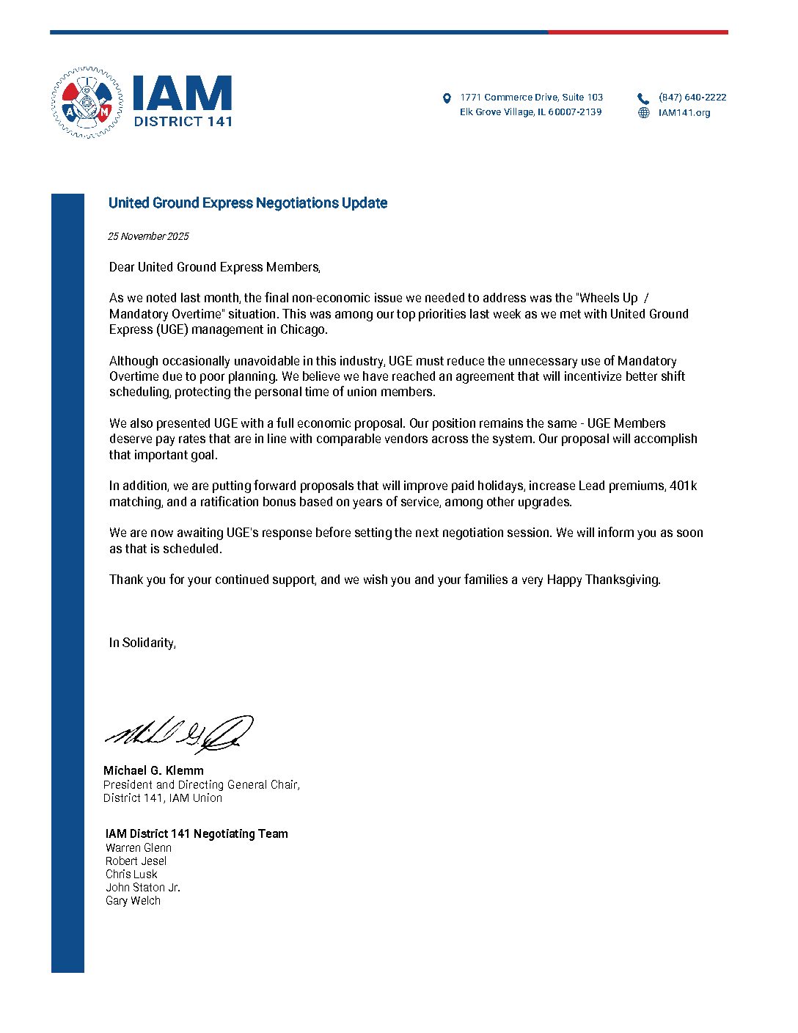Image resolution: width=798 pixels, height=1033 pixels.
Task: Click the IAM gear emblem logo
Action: [87, 103]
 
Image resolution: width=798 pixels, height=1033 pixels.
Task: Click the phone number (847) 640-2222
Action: [692, 97]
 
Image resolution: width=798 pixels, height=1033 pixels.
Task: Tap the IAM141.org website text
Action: [684, 112]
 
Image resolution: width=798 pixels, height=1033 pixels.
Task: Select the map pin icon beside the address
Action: [447, 98]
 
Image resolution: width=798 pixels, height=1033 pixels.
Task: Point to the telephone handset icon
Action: [643, 98]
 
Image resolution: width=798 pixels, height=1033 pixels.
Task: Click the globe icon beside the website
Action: [643, 113]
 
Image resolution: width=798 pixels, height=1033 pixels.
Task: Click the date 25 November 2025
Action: [148, 236]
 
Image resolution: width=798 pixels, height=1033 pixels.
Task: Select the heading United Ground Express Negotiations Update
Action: [248, 203]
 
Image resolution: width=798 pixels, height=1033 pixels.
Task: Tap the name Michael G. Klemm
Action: [153, 770]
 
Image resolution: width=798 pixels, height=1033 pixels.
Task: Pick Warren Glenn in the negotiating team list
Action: [139, 847]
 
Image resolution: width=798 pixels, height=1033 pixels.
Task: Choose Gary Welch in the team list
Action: [133, 900]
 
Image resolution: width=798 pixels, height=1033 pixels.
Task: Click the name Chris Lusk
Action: [131, 874]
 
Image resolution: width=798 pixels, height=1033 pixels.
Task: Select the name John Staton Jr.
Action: [143, 887]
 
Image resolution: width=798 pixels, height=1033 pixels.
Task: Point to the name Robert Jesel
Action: [136, 861]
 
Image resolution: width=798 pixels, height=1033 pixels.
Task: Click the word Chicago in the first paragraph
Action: [303, 329]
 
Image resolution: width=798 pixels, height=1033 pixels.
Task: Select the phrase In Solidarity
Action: [142, 643]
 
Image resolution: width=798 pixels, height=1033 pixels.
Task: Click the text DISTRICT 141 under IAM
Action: [183, 121]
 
